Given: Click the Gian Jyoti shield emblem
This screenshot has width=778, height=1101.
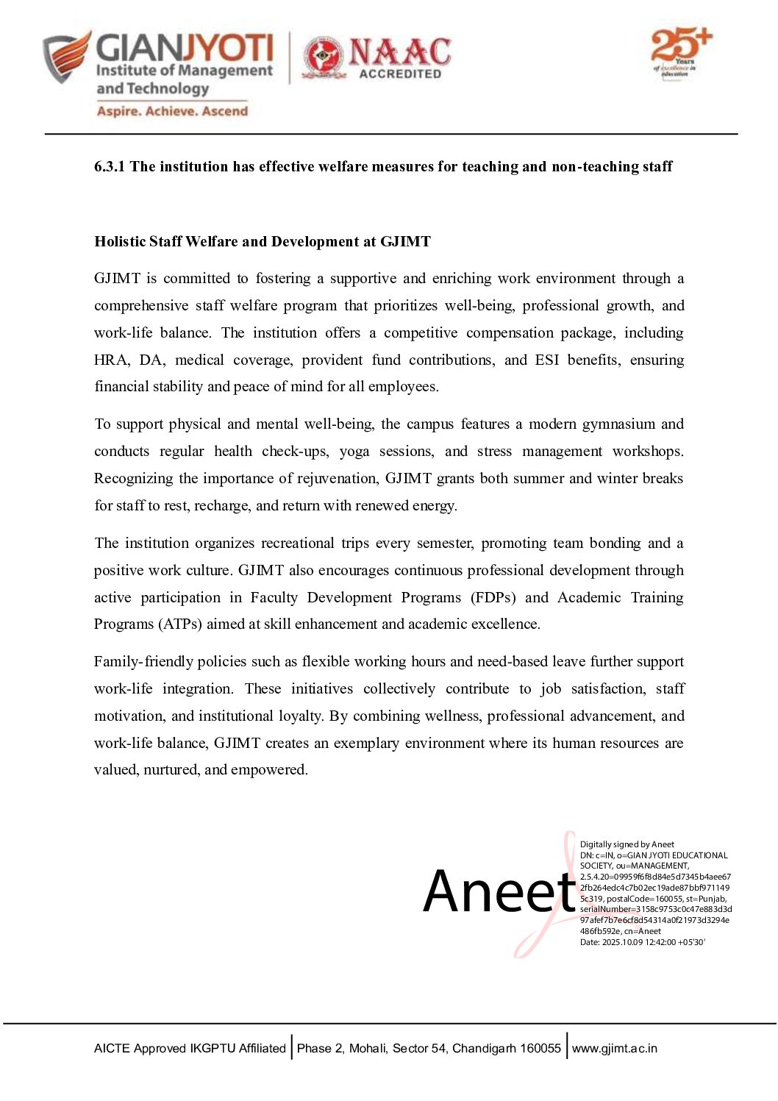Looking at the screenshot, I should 67,57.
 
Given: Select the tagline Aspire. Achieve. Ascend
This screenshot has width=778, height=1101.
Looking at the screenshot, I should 172,112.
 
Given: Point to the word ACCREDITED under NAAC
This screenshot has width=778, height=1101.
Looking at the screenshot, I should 400,74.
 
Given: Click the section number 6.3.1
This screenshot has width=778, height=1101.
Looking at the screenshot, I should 110,167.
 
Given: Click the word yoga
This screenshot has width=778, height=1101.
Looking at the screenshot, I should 354,452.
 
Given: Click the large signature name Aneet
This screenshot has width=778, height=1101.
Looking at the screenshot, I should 499,891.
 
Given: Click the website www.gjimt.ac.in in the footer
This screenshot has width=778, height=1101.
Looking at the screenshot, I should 615,1049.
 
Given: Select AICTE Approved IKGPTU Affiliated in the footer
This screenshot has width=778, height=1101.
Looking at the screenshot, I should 190,1049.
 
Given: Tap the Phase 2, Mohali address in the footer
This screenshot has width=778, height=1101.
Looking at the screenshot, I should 429,1049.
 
